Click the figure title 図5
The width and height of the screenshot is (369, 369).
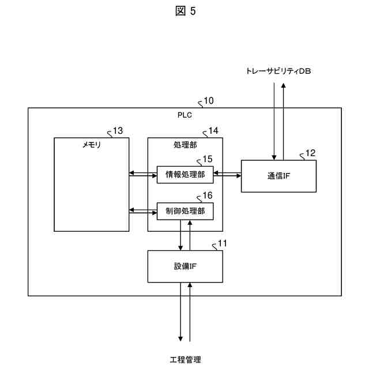point(184,12)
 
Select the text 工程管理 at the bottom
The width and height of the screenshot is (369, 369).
point(184,360)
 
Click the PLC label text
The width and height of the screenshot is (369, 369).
point(184,114)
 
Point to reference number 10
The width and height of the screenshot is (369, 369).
point(208,101)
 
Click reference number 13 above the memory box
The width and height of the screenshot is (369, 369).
point(118,131)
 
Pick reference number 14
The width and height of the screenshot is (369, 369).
point(213,131)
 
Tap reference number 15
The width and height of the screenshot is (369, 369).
point(206,159)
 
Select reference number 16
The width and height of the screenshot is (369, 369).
point(206,196)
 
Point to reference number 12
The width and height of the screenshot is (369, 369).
point(310,153)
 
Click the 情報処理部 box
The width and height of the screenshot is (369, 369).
point(185,174)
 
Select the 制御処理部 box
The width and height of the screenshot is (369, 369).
point(185,211)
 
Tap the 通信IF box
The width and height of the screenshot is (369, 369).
point(278,176)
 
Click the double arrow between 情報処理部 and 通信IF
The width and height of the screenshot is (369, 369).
point(227,174)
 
